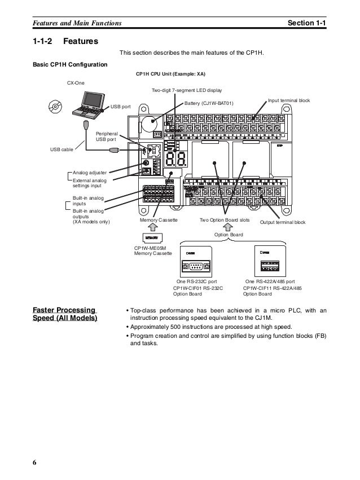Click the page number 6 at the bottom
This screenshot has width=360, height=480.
click(x=35, y=463)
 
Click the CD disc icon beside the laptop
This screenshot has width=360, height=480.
click(x=55, y=106)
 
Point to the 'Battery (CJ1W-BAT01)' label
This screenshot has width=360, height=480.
click(x=208, y=103)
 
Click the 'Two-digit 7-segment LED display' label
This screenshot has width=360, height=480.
click(x=187, y=90)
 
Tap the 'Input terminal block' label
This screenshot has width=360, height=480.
click(x=289, y=100)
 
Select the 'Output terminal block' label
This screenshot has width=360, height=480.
click(x=282, y=222)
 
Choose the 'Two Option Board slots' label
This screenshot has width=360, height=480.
click(x=225, y=222)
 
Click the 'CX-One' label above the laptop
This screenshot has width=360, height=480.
click(x=75, y=82)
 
